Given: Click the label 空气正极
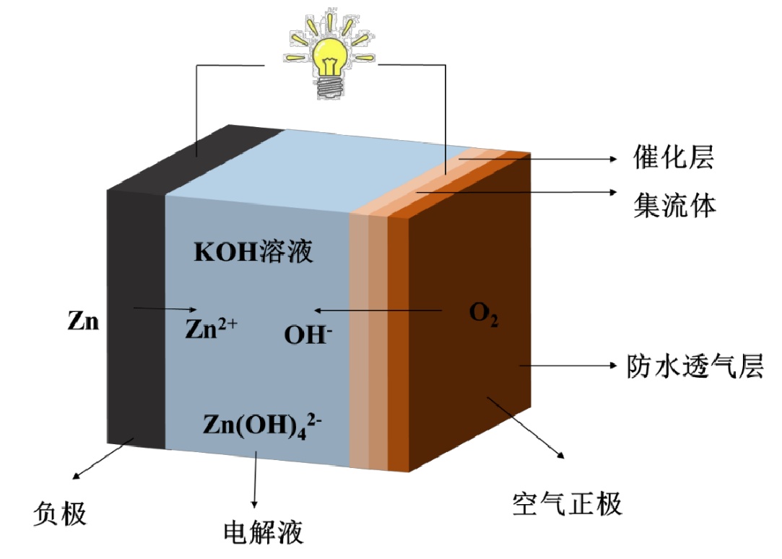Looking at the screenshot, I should click(566, 503).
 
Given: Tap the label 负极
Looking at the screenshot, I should click(61, 513).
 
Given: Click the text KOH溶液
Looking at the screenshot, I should click(253, 253).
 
